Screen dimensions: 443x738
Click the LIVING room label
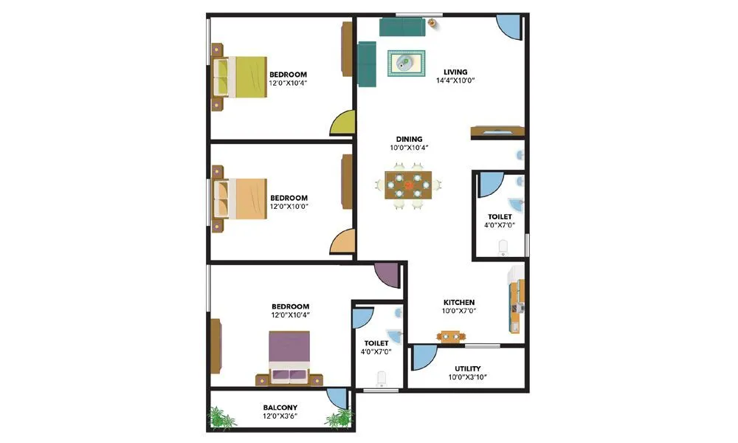455,72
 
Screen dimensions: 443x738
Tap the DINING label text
409,139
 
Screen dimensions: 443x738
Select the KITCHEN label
458,302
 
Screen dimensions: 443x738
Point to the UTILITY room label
468,368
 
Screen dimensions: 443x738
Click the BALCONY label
280,408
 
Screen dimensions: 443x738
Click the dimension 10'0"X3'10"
468,377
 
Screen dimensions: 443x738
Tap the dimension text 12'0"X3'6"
280,416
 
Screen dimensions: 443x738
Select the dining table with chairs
408,185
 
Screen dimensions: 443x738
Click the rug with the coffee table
407,63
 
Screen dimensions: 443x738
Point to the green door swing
342,124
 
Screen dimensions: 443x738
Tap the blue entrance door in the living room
509,28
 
